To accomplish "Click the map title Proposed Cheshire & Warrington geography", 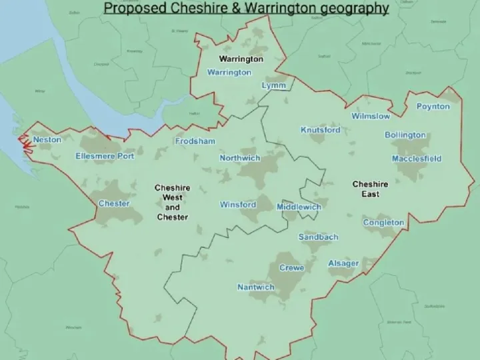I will click(246, 9).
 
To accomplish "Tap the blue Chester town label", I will click(113, 203).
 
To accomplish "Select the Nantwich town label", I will click(256, 287).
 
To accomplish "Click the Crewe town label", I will click(291, 268).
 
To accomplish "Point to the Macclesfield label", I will click(416, 159).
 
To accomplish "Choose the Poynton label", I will click(433, 107).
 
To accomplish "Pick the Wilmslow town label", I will click(371, 116).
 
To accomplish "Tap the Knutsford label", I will click(320, 130).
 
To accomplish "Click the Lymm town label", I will click(274, 86).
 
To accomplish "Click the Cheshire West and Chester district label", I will click(172, 203).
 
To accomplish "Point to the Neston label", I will click(47, 140).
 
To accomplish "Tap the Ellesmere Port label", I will click(105, 157).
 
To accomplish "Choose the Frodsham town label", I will click(195, 141).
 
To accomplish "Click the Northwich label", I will click(240, 158).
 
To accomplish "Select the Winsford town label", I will click(238, 205).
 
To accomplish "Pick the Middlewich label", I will click(299, 207).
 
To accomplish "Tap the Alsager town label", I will click(343, 264).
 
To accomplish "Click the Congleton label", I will click(383, 223).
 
